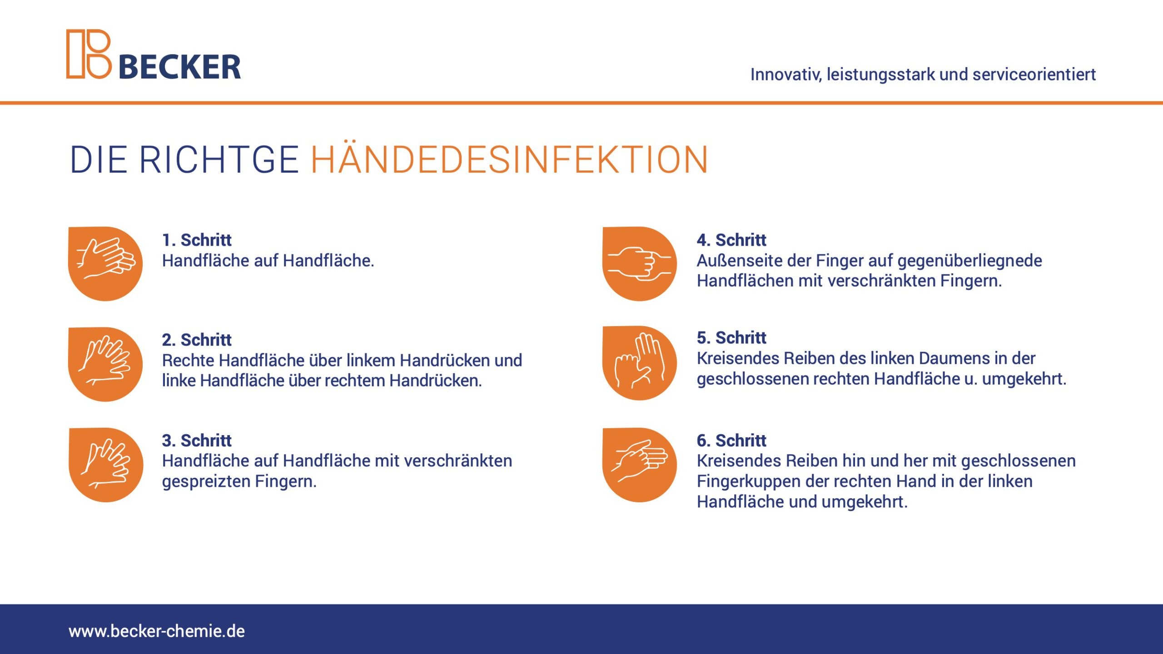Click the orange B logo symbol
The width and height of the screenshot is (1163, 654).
[89, 54]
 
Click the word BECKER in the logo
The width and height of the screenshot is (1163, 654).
[180, 67]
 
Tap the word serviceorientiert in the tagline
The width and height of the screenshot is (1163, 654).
[1034, 74]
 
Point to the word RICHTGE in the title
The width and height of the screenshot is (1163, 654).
[219, 160]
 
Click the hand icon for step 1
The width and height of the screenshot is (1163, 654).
[105, 263]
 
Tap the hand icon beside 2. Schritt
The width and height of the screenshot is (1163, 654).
[105, 364]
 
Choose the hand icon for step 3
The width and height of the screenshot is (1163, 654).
[106, 465]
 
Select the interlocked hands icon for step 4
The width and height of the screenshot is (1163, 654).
[640, 263]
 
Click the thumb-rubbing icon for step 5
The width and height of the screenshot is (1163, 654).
[640, 363]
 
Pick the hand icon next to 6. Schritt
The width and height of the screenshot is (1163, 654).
[640, 465]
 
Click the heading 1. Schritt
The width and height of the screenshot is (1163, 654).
[197, 240]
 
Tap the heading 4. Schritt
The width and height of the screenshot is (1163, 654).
[731, 240]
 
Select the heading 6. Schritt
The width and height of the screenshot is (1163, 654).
[731, 440]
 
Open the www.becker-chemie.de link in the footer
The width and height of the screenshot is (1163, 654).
[157, 631]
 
